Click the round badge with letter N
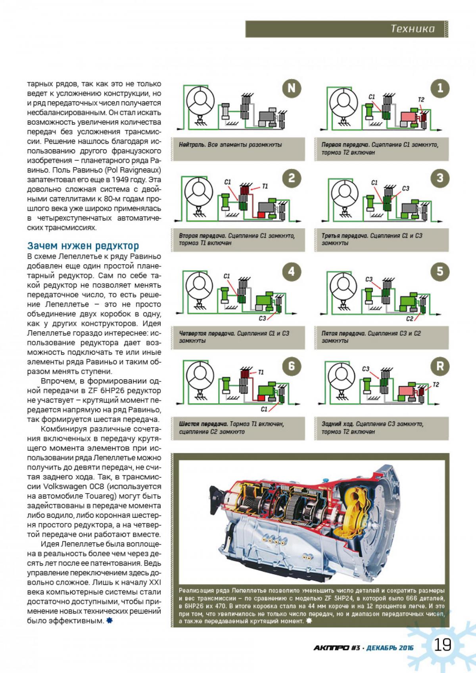coord(292,88)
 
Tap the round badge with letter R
coord(440,366)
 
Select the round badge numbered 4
coord(292,272)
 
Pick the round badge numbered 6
coord(292,366)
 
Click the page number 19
coord(443,645)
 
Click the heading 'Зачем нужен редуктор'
coord(83,245)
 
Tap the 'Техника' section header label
coord(413,29)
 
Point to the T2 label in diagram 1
coord(421,100)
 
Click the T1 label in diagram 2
coord(265,186)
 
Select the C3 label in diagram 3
coord(405,188)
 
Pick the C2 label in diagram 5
coord(410,319)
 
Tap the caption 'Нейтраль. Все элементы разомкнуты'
coord(230,145)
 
